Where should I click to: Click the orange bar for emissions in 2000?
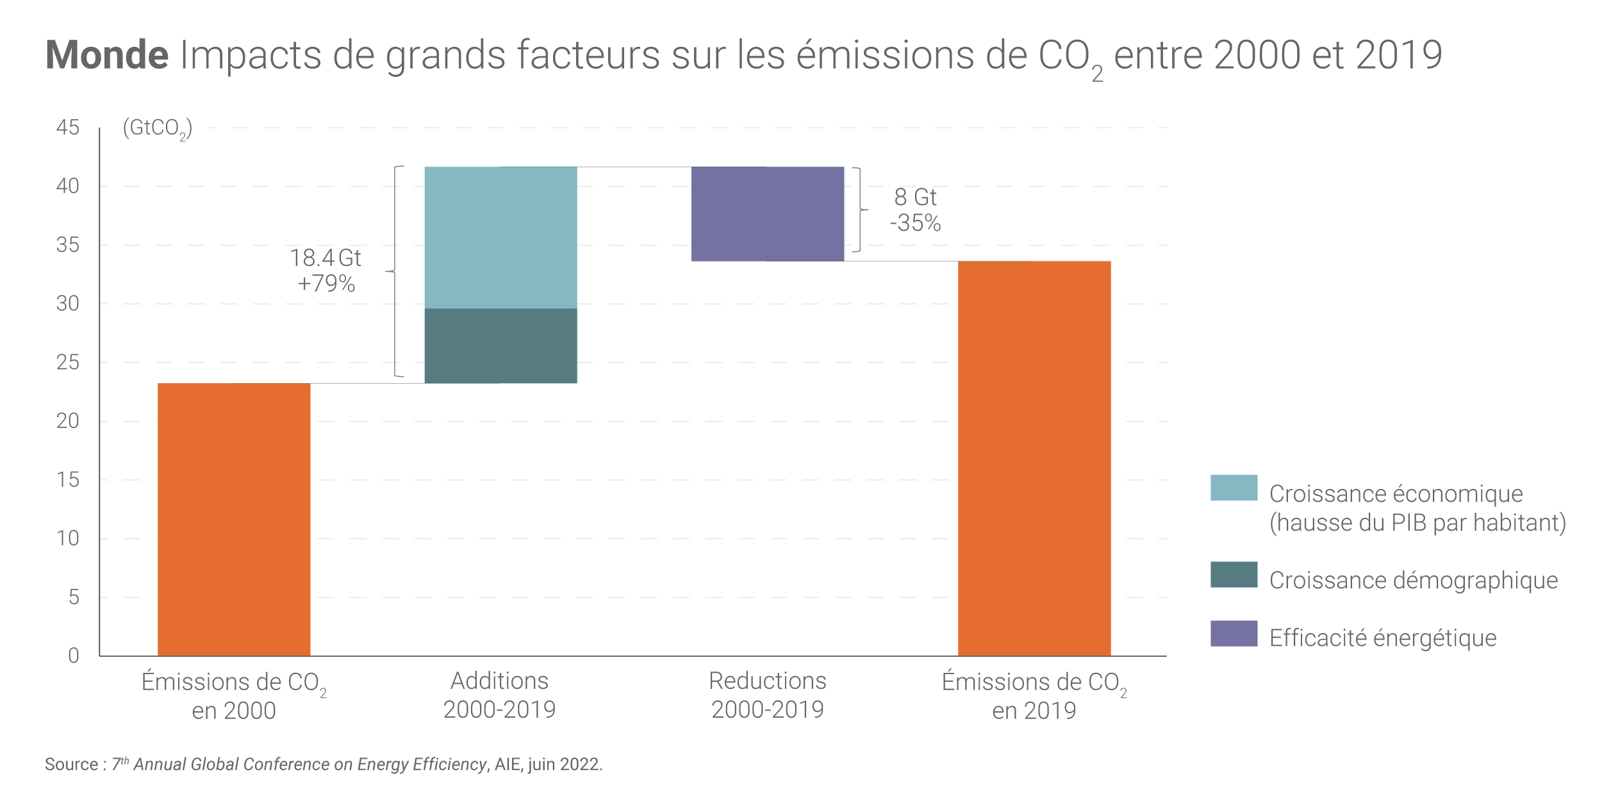(234, 519)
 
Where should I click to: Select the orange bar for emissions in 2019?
(1034, 458)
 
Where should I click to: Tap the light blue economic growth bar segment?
(500, 237)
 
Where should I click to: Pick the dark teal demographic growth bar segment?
(500, 345)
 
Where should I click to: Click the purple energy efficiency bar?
(767, 213)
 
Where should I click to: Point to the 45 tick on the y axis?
(68, 128)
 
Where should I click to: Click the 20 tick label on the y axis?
(68, 421)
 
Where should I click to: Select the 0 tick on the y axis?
(74, 656)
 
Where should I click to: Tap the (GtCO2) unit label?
(157, 128)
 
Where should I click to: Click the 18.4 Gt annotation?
(326, 258)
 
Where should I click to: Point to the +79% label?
(326, 283)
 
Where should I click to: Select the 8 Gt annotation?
(915, 197)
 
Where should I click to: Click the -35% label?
(915, 223)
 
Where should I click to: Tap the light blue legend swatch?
(1234, 488)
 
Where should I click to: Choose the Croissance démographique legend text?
(1414, 580)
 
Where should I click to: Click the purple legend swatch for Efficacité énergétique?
(1234, 633)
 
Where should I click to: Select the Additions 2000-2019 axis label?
(500, 695)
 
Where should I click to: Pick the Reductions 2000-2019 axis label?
(767, 695)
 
